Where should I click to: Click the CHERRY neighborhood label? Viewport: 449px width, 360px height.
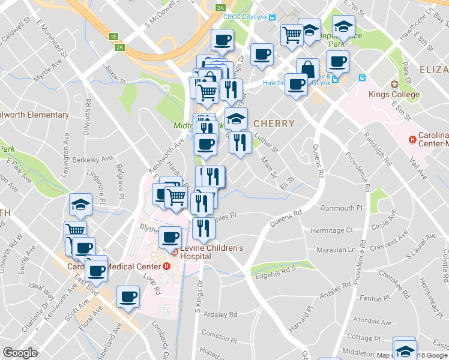pos(274,124)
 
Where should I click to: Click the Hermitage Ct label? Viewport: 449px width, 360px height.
pos(332,230)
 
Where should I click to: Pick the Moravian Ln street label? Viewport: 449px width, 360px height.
pos(331,249)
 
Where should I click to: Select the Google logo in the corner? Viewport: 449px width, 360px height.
pos(20,353)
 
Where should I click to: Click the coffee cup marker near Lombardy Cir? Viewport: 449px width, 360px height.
pos(128,296)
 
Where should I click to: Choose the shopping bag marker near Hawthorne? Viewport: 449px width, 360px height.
pos(307,68)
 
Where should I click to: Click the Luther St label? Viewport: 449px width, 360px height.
pos(267,143)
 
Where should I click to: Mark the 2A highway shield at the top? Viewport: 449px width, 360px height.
pos(221,8)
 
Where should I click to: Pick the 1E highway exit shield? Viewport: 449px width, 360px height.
pos(113,37)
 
